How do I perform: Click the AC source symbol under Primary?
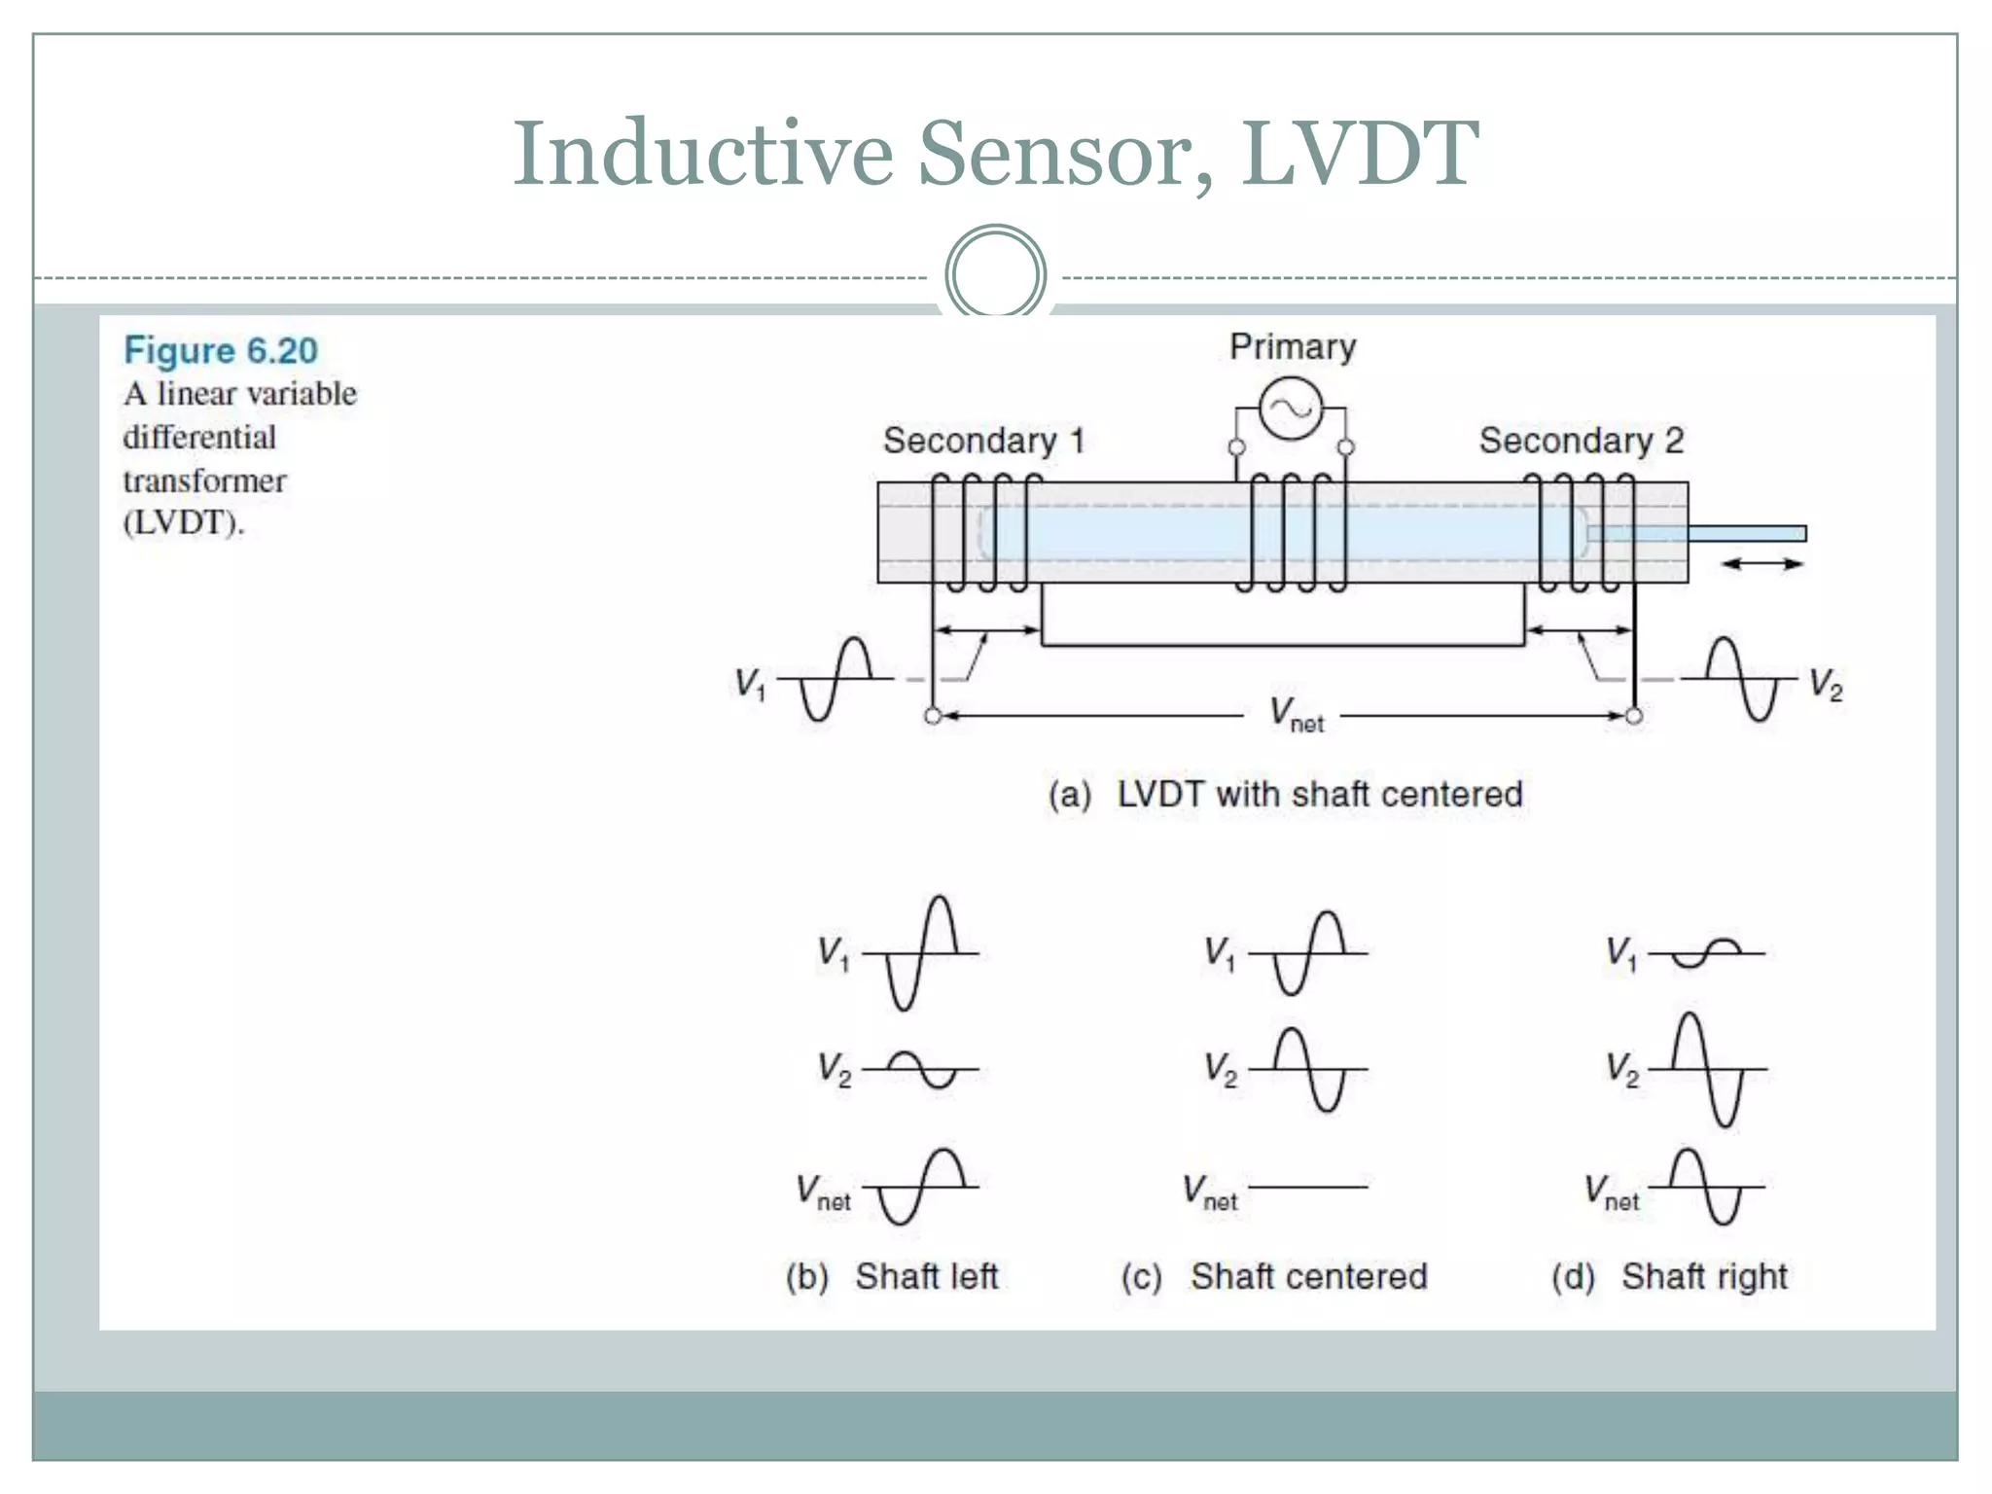[x=1291, y=409]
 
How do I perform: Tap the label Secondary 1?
[x=982, y=441]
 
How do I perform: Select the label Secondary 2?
[x=1581, y=441]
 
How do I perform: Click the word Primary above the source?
[x=1292, y=347]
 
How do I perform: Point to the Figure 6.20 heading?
[x=221, y=350]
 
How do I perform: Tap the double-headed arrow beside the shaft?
[x=1761, y=563]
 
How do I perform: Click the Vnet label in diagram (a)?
[x=1296, y=715]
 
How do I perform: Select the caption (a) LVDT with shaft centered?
[x=1285, y=795]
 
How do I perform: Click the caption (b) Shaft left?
[x=892, y=1276]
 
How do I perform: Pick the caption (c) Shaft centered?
[x=1274, y=1276]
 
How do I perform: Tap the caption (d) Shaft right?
[x=1669, y=1276]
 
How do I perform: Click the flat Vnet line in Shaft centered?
[x=1308, y=1187]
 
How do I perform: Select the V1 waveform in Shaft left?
[x=921, y=953]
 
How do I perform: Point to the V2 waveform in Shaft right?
[x=1708, y=1069]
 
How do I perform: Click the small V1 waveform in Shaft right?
[x=1707, y=952]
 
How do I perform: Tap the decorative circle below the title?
[x=995, y=274]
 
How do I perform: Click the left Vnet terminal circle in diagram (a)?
[x=933, y=717]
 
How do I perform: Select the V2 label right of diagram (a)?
[x=1825, y=686]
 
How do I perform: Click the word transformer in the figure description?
[x=204, y=480]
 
